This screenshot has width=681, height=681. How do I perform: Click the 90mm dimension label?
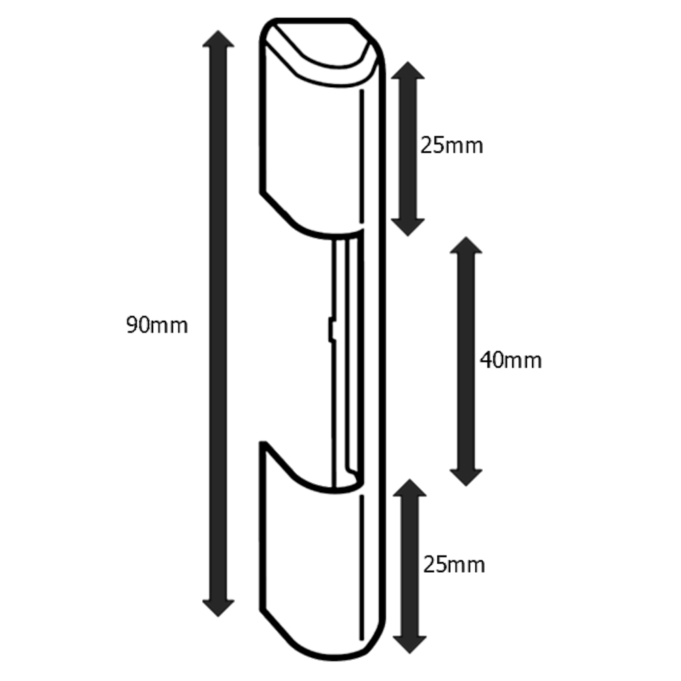[x=157, y=326]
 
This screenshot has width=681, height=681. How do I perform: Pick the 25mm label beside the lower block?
[x=454, y=565]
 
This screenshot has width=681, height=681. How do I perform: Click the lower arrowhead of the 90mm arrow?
[x=219, y=606]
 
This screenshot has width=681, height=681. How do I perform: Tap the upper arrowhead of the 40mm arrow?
[x=466, y=247]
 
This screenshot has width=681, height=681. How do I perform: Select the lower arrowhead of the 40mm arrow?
[x=466, y=476]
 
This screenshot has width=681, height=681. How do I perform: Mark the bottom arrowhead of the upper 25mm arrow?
[x=408, y=227]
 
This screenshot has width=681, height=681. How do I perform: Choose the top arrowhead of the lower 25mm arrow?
[x=409, y=488]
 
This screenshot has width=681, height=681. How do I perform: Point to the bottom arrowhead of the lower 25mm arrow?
[x=409, y=644]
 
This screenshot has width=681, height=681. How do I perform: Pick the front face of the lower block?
[x=310, y=552]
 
